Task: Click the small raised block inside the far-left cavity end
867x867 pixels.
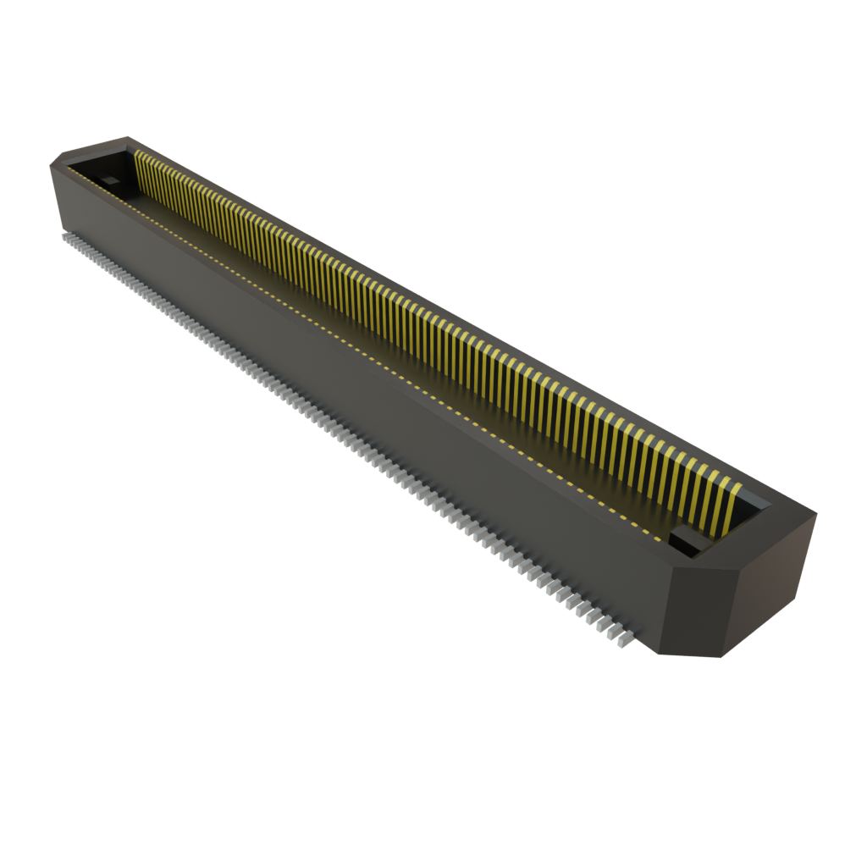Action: [110, 179]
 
